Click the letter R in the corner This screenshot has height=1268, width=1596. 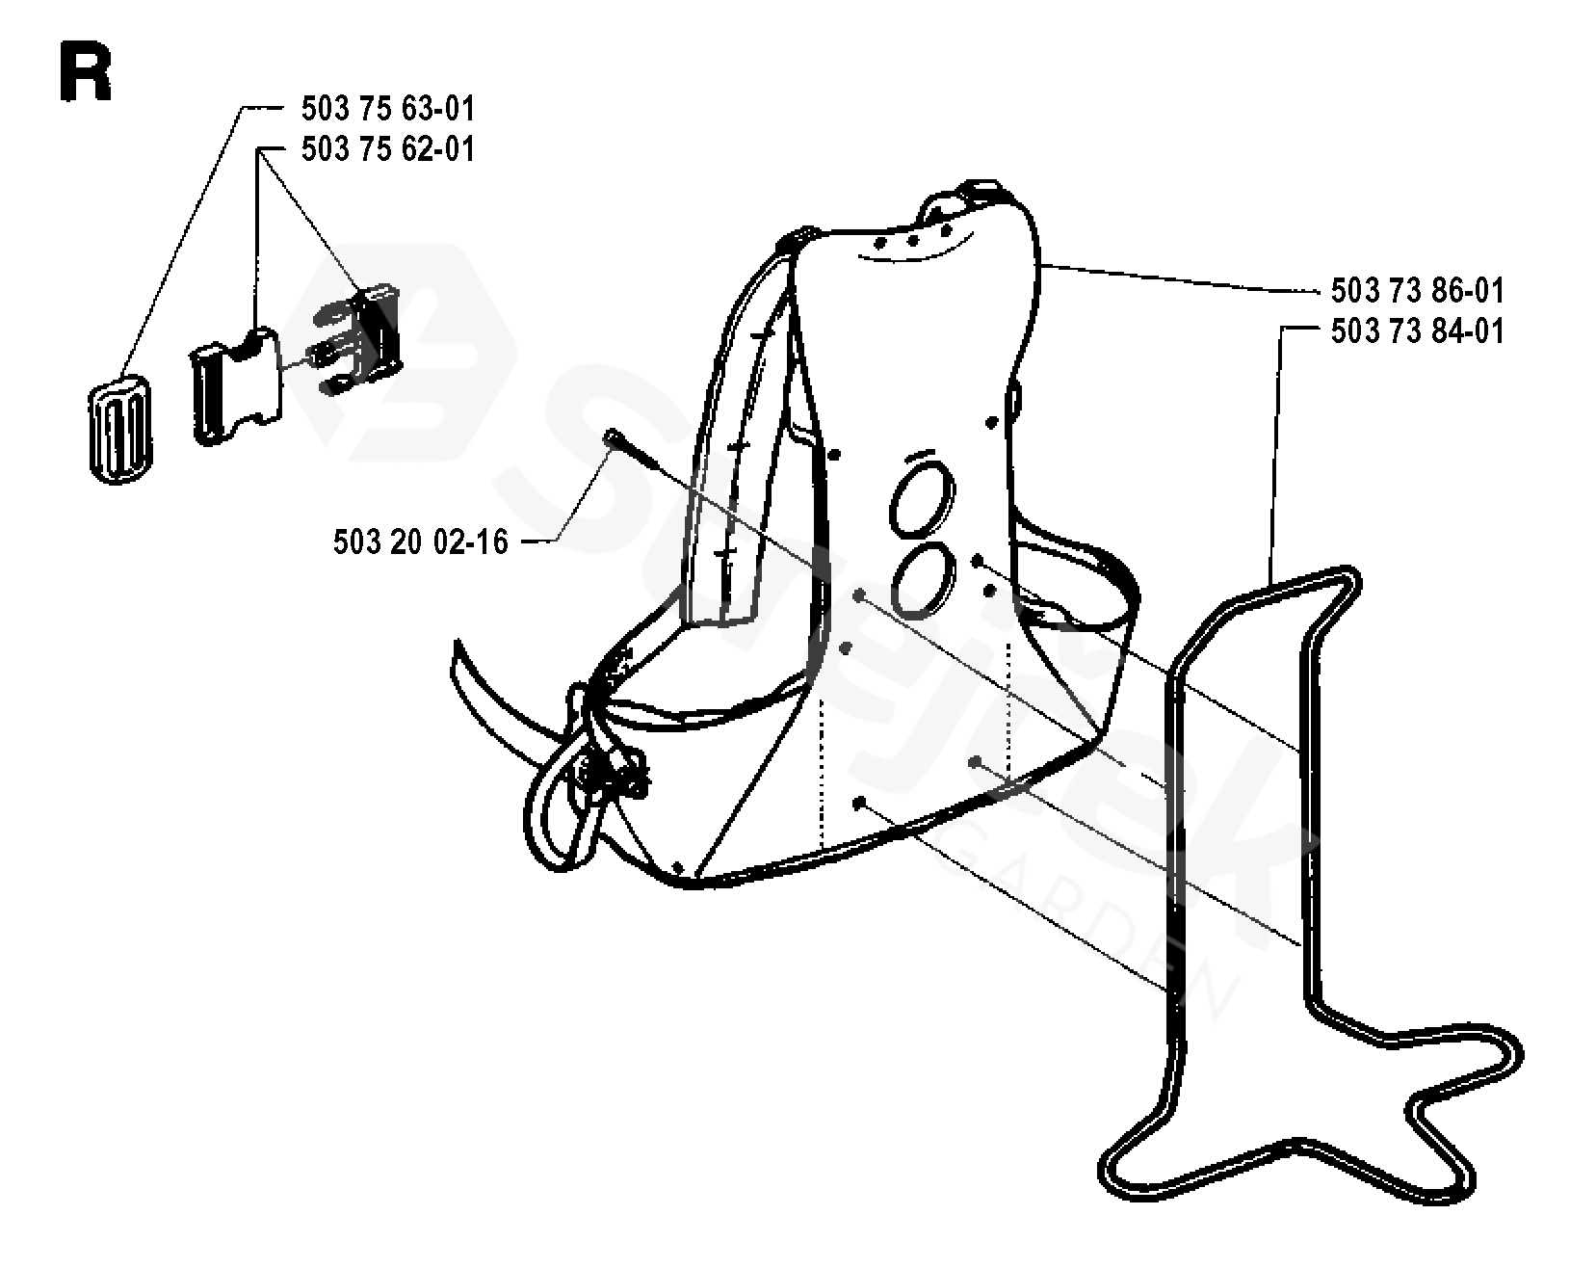(85, 73)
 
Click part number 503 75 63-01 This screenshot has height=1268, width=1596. (387, 109)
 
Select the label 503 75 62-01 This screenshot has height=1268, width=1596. (387, 150)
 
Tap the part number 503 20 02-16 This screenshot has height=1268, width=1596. (420, 542)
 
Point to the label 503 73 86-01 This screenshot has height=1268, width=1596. (1416, 291)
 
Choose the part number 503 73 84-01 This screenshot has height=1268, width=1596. (1416, 332)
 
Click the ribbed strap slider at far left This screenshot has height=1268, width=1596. (120, 431)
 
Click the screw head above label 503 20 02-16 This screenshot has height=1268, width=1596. (611, 437)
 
